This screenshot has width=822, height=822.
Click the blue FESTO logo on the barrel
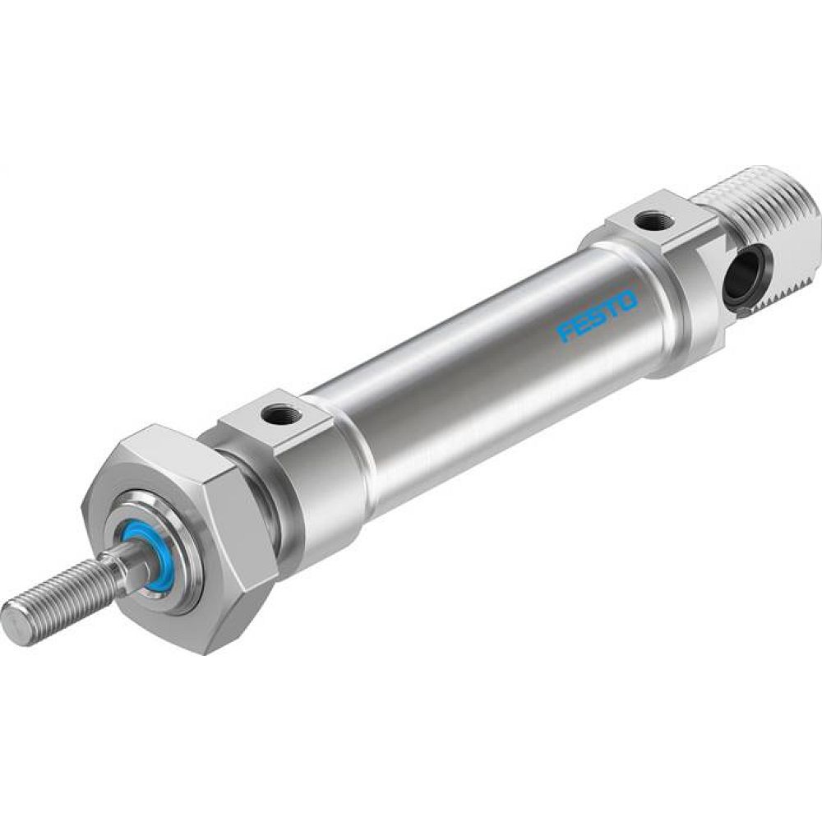tap(598, 316)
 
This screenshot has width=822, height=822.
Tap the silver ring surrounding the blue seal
tap(164, 575)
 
